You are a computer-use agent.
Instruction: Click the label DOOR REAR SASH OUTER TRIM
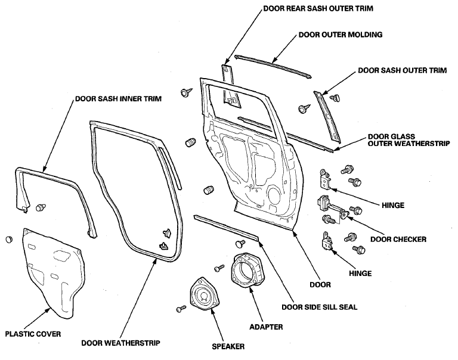coord(318,8)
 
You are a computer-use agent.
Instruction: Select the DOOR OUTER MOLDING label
coord(341,35)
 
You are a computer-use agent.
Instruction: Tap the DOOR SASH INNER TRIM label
coord(118,99)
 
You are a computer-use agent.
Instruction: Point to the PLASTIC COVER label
coord(33,334)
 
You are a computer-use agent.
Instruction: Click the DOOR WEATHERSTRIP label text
coord(120,343)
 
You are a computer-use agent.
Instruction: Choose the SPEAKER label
coord(228,346)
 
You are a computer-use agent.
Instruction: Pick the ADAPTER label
coord(266,327)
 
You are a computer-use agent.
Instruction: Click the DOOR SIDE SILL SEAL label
coord(319,307)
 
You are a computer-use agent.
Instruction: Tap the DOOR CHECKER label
coord(398,240)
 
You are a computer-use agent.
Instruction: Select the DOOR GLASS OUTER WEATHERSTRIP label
coord(409,140)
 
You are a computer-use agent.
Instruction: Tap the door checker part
coord(332,208)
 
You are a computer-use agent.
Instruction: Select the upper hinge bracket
coord(326,179)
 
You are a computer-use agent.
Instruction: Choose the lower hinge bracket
coord(327,242)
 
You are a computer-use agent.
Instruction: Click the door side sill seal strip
coord(226,228)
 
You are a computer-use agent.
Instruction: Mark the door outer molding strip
coord(273,66)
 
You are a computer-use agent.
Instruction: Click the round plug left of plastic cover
coord(10,239)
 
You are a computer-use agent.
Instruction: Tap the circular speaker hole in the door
coord(274,195)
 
